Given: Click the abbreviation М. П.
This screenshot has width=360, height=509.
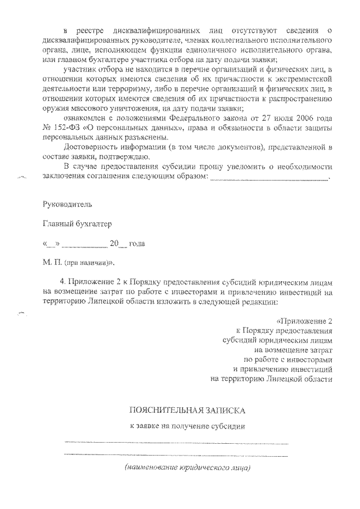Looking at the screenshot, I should [x=51, y=263].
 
